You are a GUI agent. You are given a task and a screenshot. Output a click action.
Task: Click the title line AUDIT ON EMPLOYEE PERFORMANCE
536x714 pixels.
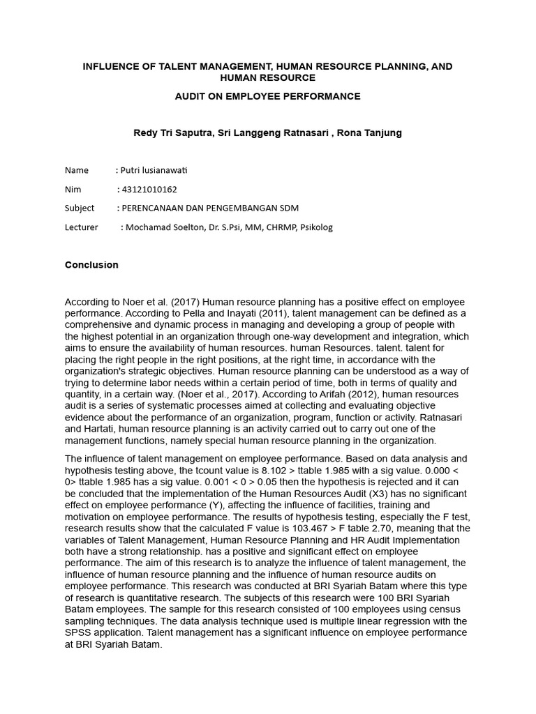267,96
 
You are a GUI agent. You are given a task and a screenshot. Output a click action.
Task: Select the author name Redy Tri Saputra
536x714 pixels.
172,132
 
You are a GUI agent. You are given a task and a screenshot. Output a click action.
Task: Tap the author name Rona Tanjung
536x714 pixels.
369,132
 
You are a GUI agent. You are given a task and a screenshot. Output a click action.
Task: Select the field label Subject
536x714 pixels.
80,208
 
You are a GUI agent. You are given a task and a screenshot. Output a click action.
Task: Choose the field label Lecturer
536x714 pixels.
82,227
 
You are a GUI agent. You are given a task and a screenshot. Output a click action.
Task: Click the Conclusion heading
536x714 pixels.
91,265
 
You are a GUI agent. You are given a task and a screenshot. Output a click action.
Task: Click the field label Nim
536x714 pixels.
73,189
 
